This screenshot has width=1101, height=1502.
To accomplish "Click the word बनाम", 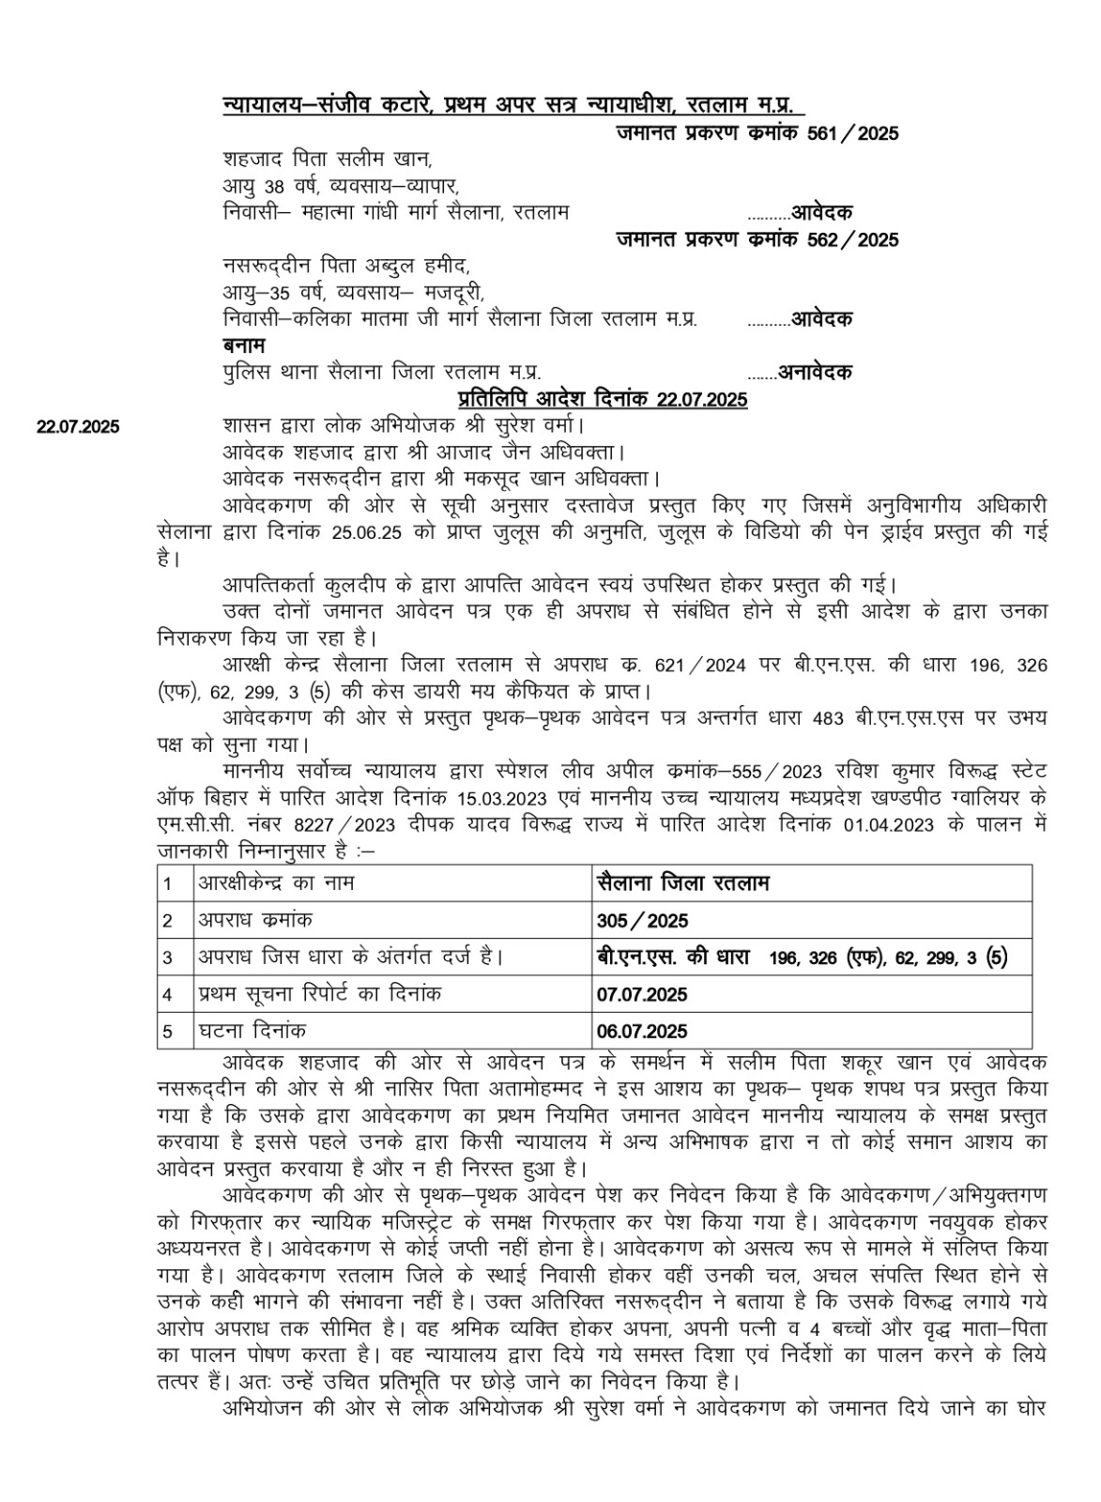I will tap(244, 345).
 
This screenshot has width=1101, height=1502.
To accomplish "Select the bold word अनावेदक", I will tap(815, 373).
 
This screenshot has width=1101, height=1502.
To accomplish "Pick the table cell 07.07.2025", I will tap(641, 994).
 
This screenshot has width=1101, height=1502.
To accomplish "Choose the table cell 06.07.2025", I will tap(641, 1032).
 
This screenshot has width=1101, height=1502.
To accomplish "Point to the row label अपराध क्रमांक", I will tap(255, 920).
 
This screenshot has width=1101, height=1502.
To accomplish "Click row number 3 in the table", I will tap(168, 958).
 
